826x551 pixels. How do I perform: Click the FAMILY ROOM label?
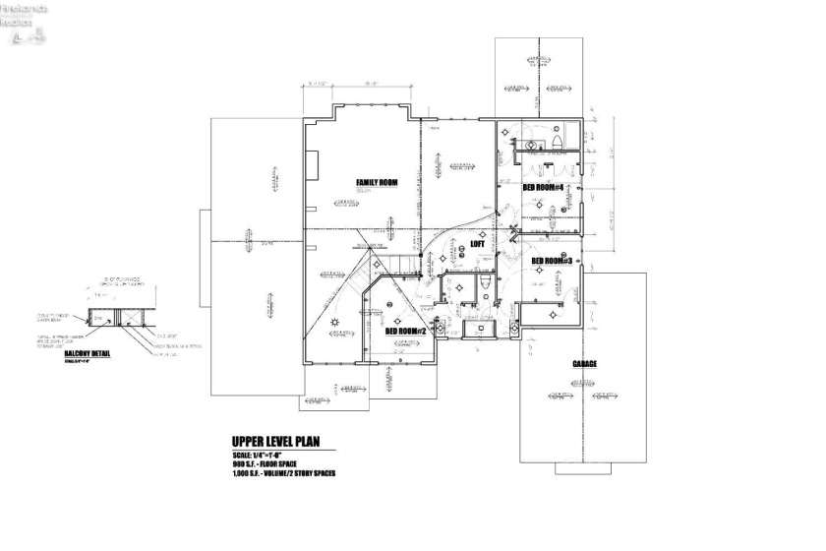(x=377, y=182)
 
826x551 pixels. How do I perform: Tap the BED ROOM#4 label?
(x=542, y=188)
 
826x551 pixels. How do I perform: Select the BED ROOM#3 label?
(x=552, y=261)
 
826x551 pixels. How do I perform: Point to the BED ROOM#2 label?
(x=405, y=332)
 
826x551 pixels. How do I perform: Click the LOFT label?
(x=477, y=243)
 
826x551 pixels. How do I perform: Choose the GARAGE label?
(x=586, y=363)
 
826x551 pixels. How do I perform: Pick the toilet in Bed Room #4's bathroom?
(x=558, y=144)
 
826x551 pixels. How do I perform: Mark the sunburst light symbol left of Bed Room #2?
(x=336, y=322)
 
